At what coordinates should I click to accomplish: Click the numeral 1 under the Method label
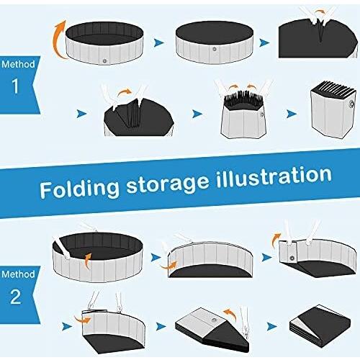[15, 86]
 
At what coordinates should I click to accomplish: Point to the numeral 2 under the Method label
[16, 297]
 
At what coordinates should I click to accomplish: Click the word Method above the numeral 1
[18, 64]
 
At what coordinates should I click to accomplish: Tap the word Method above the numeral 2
[18, 274]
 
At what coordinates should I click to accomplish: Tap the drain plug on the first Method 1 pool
[104, 61]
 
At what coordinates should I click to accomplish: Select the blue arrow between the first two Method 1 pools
[159, 43]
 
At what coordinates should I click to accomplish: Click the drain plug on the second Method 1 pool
[215, 50]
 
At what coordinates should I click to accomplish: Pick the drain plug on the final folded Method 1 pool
[351, 104]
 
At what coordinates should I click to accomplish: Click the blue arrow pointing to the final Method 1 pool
[292, 114]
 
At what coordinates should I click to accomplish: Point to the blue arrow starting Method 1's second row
[81, 114]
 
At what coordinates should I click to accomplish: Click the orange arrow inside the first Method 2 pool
[87, 261]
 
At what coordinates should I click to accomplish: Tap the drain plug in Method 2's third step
[292, 258]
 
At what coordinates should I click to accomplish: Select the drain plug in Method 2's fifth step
[214, 320]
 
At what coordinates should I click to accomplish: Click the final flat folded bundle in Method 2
[320, 325]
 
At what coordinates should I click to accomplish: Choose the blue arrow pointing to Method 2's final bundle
[272, 326]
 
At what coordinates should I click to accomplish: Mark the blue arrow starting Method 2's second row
[67, 326]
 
